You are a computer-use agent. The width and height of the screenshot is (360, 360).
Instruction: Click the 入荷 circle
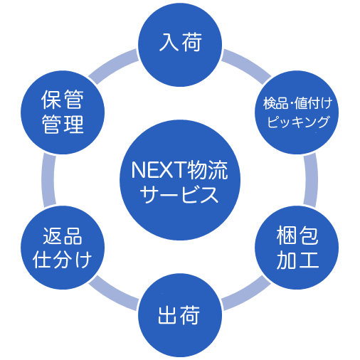pos(180,45)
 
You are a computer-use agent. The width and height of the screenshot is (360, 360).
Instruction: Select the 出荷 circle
pos(180,315)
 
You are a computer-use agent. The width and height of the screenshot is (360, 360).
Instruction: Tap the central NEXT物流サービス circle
pos(180,180)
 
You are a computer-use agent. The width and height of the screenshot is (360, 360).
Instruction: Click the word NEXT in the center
pos(159,170)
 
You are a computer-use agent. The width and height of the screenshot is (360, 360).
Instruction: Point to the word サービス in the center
pos(179,194)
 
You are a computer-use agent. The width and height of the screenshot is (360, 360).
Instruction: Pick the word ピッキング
pos(298,122)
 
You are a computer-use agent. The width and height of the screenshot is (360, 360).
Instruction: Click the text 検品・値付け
pos(297,103)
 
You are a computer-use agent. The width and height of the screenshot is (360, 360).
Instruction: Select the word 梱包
pos(297,235)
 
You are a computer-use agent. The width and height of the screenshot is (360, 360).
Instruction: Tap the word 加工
pos(297,260)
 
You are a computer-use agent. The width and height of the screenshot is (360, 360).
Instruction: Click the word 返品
pos(63,236)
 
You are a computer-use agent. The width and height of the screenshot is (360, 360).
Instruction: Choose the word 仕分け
pos(62,260)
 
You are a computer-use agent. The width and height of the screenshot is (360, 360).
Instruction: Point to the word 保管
pos(63,100)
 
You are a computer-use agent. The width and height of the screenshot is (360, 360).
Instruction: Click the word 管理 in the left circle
pos(63,124)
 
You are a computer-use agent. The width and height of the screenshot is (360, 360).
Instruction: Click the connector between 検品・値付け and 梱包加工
pos(311,180)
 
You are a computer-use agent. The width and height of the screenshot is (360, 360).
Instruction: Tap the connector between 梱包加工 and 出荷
pos(248,295)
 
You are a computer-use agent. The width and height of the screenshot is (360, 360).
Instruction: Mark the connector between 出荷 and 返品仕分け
pos(113,295)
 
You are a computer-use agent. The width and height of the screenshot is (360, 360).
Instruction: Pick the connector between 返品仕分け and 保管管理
pos(48,180)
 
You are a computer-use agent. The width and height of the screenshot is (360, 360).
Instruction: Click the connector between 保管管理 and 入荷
pos(113,65)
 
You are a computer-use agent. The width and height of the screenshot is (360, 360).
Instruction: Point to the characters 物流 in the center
pos(207,170)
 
